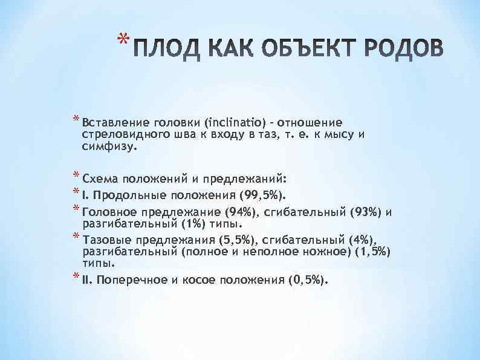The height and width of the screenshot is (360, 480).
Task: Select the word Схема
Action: pyautogui.click(x=100, y=179)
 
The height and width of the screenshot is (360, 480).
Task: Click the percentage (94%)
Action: pyautogui.click(x=242, y=212)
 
